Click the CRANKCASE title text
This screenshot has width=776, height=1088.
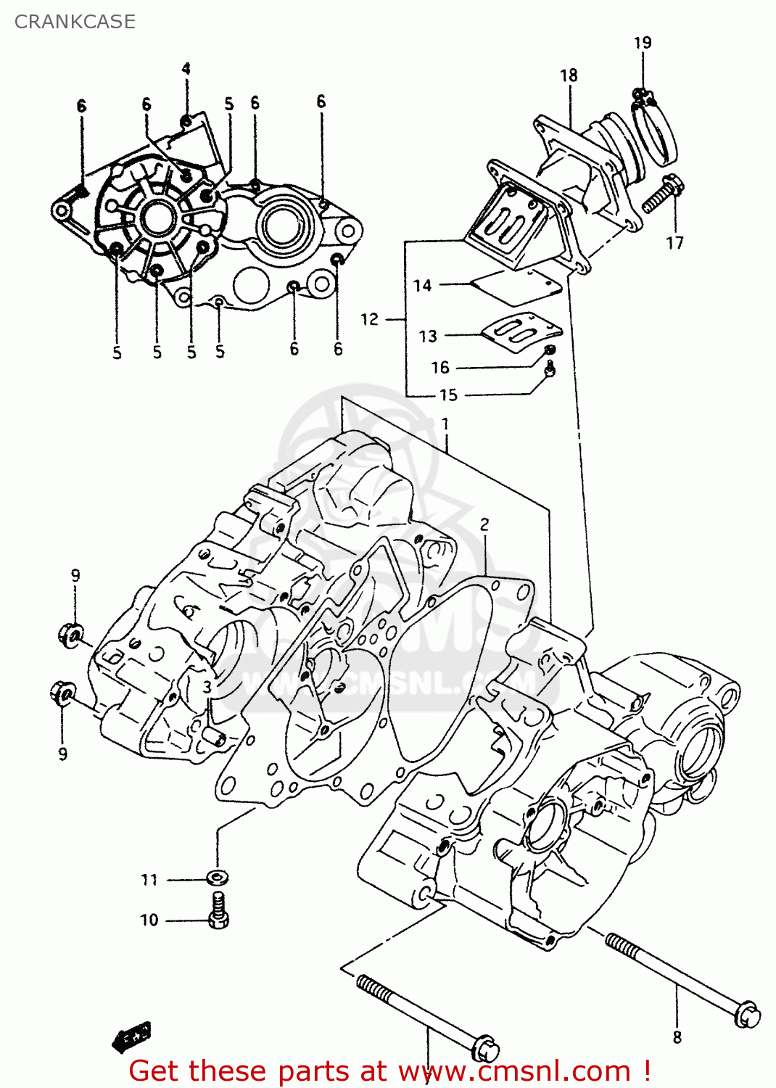(75, 22)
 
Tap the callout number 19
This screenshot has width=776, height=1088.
(643, 43)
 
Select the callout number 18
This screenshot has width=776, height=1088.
(569, 75)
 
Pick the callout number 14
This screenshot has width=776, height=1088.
(423, 286)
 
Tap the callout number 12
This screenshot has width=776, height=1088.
(370, 319)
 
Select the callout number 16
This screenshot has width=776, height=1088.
(440, 368)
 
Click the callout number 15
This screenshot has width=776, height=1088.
(449, 395)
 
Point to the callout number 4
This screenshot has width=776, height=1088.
(186, 69)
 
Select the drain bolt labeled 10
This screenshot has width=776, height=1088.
(218, 912)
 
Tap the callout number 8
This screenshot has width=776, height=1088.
(677, 1037)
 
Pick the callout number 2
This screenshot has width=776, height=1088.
(484, 524)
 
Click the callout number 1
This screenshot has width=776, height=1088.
(445, 424)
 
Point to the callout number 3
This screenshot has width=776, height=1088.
(207, 687)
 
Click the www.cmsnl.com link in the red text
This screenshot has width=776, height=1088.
(514, 1071)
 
